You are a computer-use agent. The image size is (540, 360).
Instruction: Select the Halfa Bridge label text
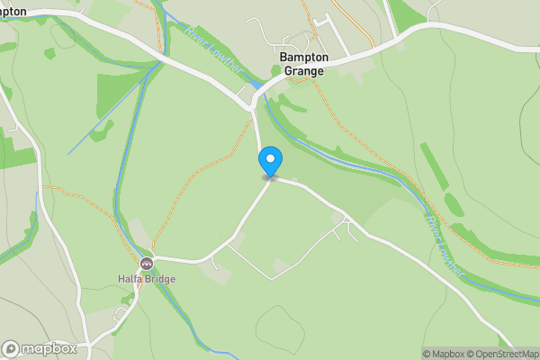147,279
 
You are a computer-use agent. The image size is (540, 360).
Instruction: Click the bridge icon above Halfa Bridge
147,264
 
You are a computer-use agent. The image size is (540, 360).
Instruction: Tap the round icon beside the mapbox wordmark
11,348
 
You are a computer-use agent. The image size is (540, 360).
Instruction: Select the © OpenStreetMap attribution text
507,354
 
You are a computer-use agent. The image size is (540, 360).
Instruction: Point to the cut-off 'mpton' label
13,12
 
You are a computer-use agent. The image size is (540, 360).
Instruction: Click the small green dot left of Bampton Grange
276,70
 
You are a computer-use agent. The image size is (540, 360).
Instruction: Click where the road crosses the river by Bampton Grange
257,91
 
